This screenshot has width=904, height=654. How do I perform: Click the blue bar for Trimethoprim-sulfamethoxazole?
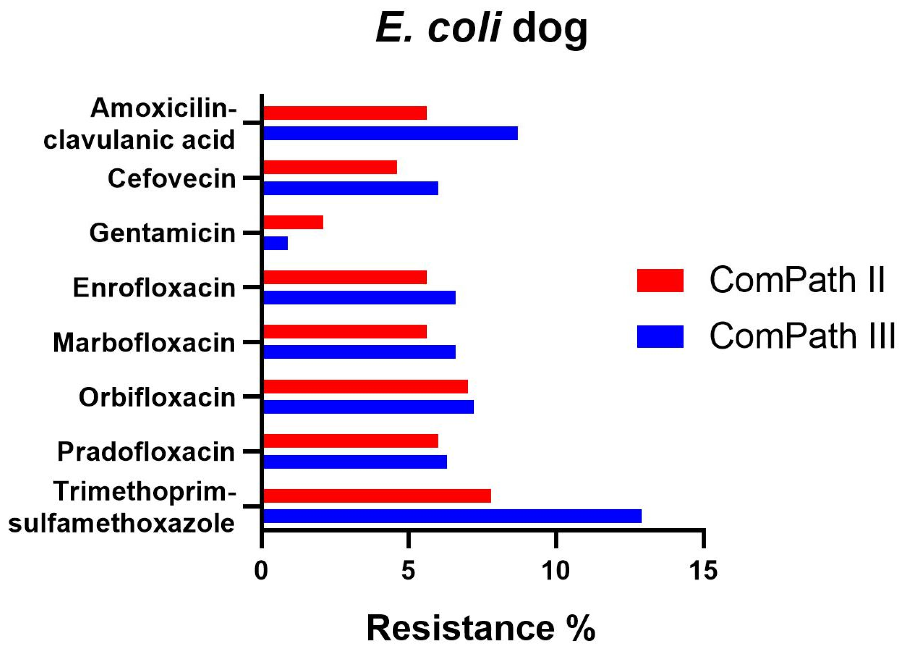coord(452,516)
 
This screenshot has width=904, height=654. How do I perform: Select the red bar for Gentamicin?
coord(293,222)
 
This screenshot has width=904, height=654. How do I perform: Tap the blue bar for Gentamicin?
coord(276,243)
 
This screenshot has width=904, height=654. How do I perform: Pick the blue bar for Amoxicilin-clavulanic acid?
coord(391,133)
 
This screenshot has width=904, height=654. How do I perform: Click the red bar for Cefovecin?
coord(330,167)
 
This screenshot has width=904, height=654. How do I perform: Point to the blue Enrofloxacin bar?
coord(360,297)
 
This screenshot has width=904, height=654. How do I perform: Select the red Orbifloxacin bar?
coord(365,386)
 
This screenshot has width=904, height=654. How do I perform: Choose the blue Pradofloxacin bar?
coord(355,462)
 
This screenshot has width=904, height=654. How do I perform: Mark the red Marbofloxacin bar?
coord(345,331)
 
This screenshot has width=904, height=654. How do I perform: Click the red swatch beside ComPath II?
coord(660,280)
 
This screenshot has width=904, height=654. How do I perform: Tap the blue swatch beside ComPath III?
coord(660,336)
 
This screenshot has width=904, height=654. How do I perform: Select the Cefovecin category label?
coord(172,179)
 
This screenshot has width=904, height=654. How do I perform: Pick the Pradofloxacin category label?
coord(146,452)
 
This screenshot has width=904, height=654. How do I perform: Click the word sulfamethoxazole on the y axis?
coord(122,523)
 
